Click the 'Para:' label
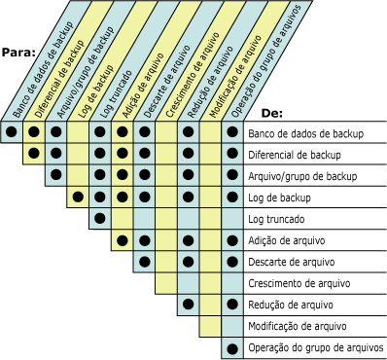[x=18, y=53]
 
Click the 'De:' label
[x=272, y=114]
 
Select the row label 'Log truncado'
[x=276, y=219]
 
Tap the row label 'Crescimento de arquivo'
[x=299, y=283]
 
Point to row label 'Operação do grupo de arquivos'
[x=316, y=348]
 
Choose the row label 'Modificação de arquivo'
[x=298, y=326]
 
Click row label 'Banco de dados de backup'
[x=305, y=133]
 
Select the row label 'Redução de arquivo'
[x=291, y=305]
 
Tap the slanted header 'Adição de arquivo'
[x=143, y=85]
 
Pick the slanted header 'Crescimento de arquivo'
[x=193, y=75]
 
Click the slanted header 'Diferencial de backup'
[x=59, y=79]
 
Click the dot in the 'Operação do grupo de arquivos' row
[x=232, y=349]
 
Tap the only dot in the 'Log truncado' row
[x=100, y=218]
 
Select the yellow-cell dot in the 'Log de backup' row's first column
[x=78, y=197]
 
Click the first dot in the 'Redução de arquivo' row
[x=189, y=305]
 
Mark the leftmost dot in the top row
[x=12, y=131]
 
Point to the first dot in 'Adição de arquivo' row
[x=123, y=240]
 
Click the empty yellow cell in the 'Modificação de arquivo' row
[x=210, y=326]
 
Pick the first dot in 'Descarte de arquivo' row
[x=145, y=262]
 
